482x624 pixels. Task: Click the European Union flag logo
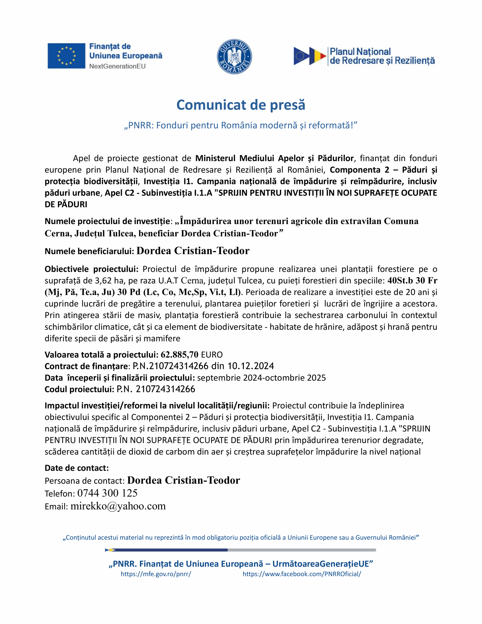66,56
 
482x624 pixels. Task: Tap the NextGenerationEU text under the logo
117,66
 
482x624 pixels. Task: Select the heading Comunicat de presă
241,105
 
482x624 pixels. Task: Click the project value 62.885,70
179,355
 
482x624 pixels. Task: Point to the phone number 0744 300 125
107,493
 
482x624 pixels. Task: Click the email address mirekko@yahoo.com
118,506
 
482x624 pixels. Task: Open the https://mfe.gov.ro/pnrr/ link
156,574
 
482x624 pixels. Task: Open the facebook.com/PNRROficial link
302,574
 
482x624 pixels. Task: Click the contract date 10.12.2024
251,366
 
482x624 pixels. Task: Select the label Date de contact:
77,468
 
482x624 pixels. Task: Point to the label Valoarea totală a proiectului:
101,355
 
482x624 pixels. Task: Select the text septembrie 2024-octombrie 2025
261,378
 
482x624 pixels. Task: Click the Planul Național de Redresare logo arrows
309,56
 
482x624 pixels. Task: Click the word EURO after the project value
212,355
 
